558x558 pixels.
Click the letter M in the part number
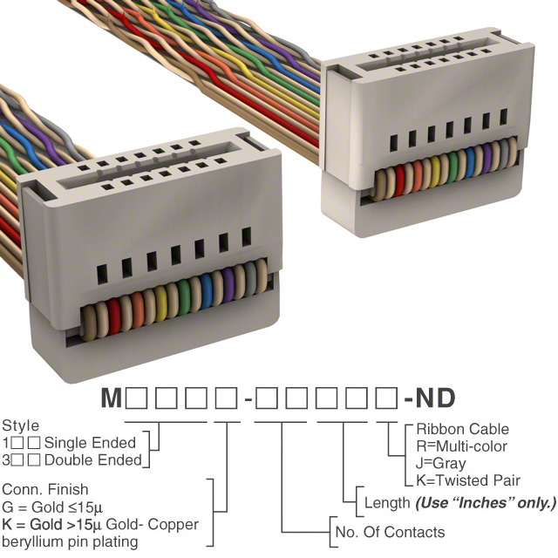tap(112, 399)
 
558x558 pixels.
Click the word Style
tap(20, 426)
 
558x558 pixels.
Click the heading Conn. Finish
tap(44, 490)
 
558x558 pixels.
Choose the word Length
tap(385, 503)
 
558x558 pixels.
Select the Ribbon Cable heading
tap(462, 429)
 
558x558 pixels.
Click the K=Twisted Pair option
tap(468, 480)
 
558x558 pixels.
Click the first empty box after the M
tap(138, 400)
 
